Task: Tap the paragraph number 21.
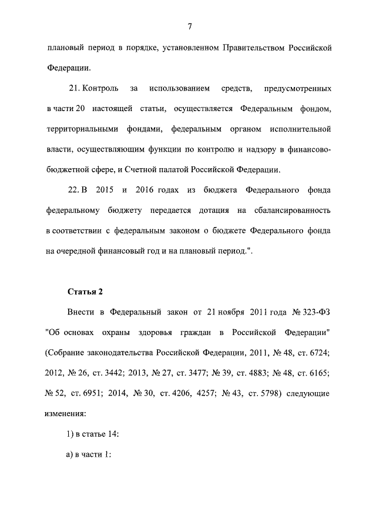coord(75,89)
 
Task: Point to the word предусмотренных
coord(297,89)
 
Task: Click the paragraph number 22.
coord(75,190)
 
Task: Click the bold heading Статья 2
coord(85,291)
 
